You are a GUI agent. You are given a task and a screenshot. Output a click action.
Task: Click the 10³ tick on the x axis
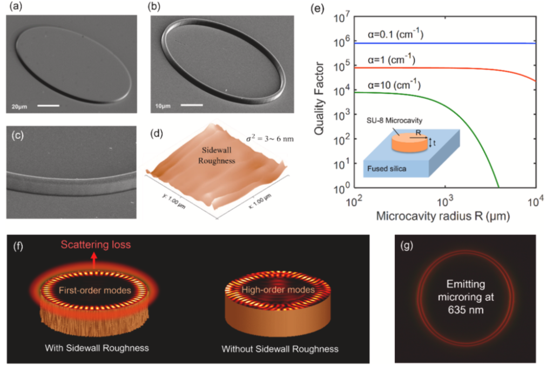tap(444, 201)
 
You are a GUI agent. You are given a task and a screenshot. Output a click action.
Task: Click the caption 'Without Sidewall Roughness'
tap(280, 349)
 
